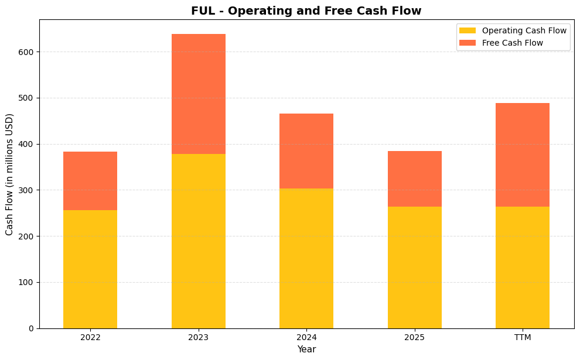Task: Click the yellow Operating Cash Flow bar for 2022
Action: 90,269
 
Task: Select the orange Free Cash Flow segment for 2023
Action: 198,94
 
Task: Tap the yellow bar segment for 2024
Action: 306,258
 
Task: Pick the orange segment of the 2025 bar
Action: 414,179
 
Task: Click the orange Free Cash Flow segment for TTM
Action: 522,155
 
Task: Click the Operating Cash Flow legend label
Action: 524,30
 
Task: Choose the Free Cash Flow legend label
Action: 512,43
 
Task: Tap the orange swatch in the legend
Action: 468,43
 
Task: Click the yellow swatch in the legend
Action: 468,30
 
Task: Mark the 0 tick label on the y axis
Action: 32,328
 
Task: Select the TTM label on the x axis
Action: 522,338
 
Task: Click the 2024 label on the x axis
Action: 306,338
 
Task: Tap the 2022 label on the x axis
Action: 90,338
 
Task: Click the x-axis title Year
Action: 306,349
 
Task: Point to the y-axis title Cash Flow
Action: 9,174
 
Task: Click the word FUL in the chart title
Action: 202,11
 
